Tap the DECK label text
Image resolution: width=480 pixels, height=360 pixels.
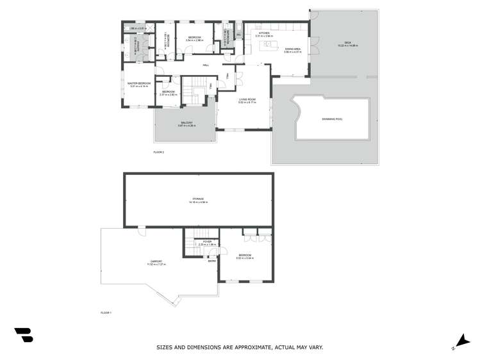[x=348, y=43]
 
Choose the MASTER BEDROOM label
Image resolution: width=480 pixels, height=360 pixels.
[x=139, y=83]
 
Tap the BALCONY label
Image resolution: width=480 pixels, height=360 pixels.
[x=186, y=123]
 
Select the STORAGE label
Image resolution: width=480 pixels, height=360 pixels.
[x=198, y=199]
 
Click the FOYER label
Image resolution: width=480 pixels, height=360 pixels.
[x=207, y=241]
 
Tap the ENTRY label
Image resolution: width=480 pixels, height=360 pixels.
[x=211, y=261]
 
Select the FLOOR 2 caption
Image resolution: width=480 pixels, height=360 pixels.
[x=159, y=152]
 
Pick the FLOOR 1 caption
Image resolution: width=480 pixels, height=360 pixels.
[x=106, y=312]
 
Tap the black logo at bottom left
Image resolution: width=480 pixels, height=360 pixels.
[x=23, y=335]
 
